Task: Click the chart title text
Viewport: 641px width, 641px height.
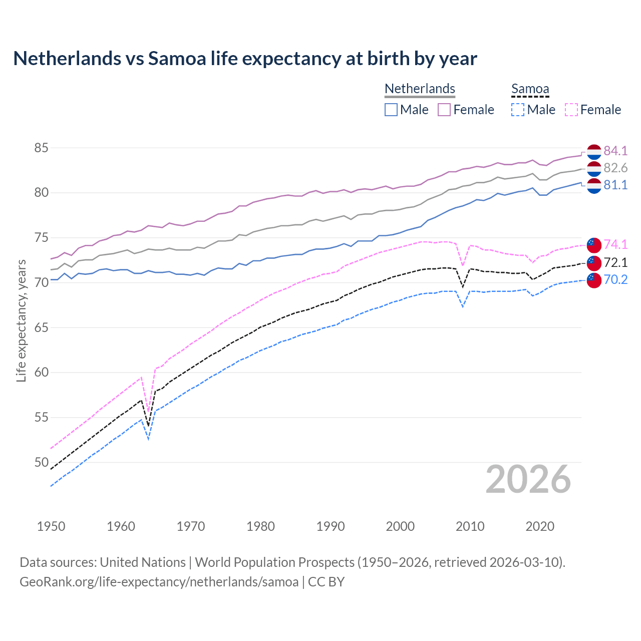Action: pyautogui.click(x=245, y=59)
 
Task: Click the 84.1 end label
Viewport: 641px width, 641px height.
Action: pyautogui.click(x=615, y=151)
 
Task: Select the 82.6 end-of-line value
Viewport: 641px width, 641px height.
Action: pyautogui.click(x=615, y=168)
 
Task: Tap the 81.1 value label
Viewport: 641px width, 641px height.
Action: pyautogui.click(x=615, y=185)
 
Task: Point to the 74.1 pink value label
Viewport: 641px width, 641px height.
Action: pyautogui.click(x=615, y=244)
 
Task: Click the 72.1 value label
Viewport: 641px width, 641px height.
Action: pyautogui.click(x=615, y=262)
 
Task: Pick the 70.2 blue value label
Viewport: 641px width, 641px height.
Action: pyautogui.click(x=615, y=279)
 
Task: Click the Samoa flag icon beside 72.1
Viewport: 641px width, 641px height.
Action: pyautogui.click(x=594, y=262)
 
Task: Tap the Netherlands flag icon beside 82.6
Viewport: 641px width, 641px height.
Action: pyautogui.click(x=594, y=168)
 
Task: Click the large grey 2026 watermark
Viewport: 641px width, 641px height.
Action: pyautogui.click(x=528, y=479)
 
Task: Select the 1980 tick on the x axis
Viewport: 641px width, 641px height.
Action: pyautogui.click(x=260, y=526)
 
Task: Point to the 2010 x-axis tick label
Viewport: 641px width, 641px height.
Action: pyautogui.click(x=470, y=526)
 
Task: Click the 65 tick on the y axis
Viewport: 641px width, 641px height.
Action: pyautogui.click(x=41, y=328)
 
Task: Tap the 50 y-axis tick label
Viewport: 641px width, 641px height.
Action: pyautogui.click(x=41, y=462)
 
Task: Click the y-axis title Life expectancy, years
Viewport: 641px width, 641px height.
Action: pyautogui.click(x=21, y=320)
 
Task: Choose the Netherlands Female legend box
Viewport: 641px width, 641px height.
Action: pyautogui.click(x=444, y=110)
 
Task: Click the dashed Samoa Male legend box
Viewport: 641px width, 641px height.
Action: pyautogui.click(x=518, y=110)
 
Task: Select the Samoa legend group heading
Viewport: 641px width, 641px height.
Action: pyautogui.click(x=530, y=89)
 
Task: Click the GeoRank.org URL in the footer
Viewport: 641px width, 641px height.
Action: pyautogui.click(x=159, y=582)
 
